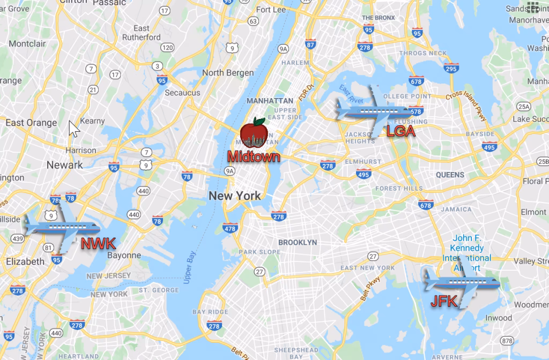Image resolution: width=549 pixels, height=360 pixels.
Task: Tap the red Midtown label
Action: (x=254, y=156)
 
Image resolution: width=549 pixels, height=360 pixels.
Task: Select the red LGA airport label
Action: (x=401, y=131)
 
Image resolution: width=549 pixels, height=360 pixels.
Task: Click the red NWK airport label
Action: (x=98, y=244)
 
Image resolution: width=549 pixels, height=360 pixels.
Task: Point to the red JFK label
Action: (x=444, y=302)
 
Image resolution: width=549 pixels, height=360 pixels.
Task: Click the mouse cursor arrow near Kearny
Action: (x=73, y=129)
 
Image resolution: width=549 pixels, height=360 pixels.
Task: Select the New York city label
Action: (x=235, y=196)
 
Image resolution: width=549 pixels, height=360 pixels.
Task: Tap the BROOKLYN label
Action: (x=298, y=242)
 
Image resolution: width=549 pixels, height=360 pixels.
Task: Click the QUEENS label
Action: (x=450, y=175)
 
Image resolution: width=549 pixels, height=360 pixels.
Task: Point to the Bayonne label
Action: (x=123, y=255)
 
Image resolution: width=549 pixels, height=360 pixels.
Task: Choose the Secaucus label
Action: (x=182, y=93)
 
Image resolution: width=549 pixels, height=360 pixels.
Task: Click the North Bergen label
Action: (x=228, y=73)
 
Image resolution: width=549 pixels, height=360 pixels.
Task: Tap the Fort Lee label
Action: (x=271, y=10)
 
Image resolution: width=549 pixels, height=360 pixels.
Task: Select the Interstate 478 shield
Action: (x=229, y=229)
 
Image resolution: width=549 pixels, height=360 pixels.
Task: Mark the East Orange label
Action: (x=31, y=123)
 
